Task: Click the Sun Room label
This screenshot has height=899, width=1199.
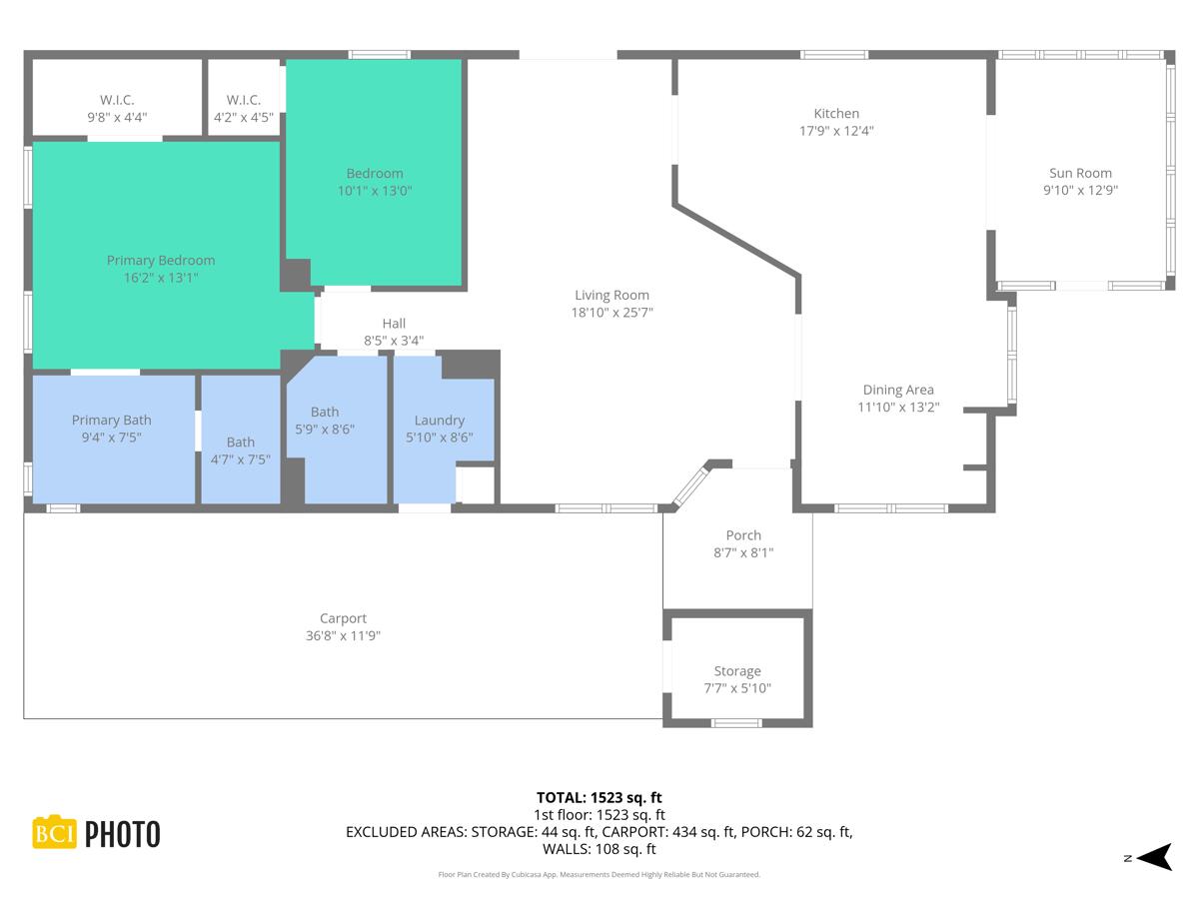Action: pyautogui.click(x=1080, y=173)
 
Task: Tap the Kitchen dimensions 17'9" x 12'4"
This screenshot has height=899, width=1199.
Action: pyautogui.click(x=836, y=131)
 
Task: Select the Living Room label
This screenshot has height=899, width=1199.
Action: pyautogui.click(x=611, y=295)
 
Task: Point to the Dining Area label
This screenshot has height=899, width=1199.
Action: pyautogui.click(x=897, y=390)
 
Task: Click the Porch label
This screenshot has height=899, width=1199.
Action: pyautogui.click(x=743, y=535)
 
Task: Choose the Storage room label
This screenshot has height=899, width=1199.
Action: pyautogui.click(x=737, y=671)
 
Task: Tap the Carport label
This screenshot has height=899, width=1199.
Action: pyautogui.click(x=343, y=618)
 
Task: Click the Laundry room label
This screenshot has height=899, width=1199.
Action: pyautogui.click(x=440, y=421)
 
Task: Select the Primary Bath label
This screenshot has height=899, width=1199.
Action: pyautogui.click(x=111, y=421)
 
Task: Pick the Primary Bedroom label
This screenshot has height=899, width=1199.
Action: pyautogui.click(x=161, y=261)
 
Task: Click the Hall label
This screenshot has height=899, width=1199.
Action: pyautogui.click(x=394, y=323)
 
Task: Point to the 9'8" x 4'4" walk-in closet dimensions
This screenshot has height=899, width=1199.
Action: pyautogui.click(x=117, y=117)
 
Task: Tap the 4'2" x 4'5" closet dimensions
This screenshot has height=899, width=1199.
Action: pyautogui.click(x=244, y=117)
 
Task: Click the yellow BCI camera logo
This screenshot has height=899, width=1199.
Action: pyautogui.click(x=54, y=832)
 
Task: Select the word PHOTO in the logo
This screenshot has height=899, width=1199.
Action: pyautogui.click(x=122, y=834)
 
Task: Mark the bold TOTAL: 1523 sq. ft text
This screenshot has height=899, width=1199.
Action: pyautogui.click(x=599, y=797)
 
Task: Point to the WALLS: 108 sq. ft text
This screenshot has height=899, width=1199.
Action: pyautogui.click(x=599, y=849)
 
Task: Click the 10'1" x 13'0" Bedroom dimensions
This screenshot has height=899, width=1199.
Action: pyautogui.click(x=375, y=190)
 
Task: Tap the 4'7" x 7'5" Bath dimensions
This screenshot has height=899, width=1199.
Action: pyautogui.click(x=241, y=459)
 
